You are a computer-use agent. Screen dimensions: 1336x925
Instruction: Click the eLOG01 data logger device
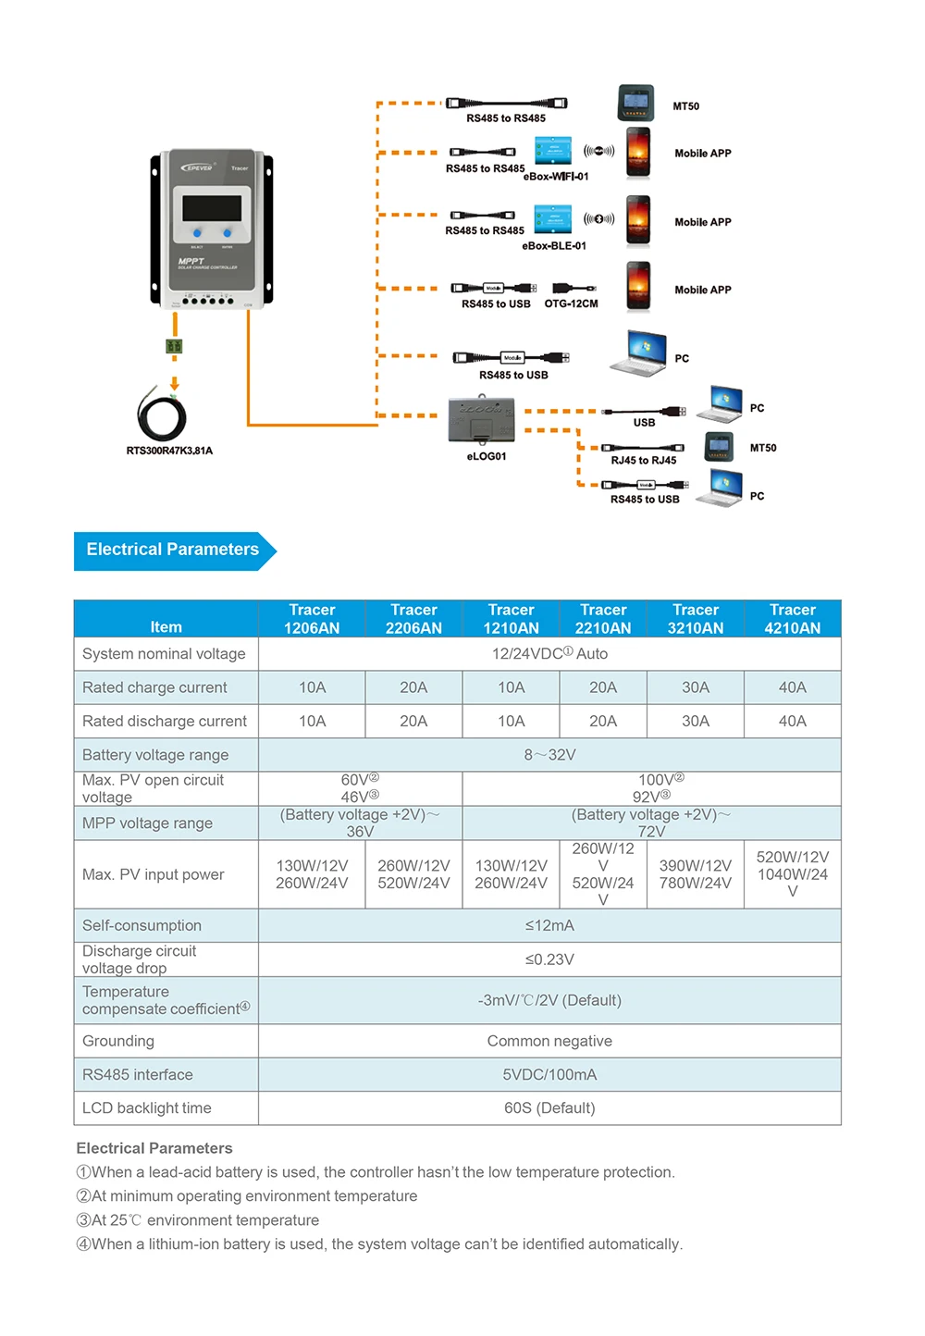tap(481, 421)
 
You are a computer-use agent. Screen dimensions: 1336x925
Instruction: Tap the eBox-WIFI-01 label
tap(555, 177)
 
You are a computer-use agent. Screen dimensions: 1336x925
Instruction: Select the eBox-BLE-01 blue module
tap(552, 219)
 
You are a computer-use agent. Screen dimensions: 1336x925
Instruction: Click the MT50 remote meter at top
tap(635, 103)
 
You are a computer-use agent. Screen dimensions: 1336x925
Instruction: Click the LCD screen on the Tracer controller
tap(212, 207)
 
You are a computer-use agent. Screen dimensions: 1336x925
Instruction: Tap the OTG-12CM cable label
tap(571, 303)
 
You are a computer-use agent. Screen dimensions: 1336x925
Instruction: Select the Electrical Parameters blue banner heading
tap(173, 550)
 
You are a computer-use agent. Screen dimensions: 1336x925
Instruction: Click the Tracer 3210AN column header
tap(696, 619)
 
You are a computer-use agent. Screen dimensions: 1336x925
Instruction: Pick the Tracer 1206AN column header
tap(312, 619)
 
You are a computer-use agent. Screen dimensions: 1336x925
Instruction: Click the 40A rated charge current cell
tap(792, 687)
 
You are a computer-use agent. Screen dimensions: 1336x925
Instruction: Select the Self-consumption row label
tap(142, 925)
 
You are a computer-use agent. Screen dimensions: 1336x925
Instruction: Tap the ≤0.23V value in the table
tap(549, 959)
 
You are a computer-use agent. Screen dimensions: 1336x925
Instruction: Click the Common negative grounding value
tap(549, 1041)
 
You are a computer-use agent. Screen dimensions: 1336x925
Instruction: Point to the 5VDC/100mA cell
tap(549, 1074)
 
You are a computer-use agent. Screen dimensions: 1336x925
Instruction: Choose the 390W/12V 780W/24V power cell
tap(696, 874)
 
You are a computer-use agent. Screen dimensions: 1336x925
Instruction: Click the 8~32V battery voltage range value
tap(549, 755)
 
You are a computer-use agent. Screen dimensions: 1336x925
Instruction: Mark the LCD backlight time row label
tap(147, 1107)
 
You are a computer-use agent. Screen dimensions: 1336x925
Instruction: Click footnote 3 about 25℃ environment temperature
tap(198, 1220)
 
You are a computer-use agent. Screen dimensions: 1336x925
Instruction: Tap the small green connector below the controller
tap(174, 346)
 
